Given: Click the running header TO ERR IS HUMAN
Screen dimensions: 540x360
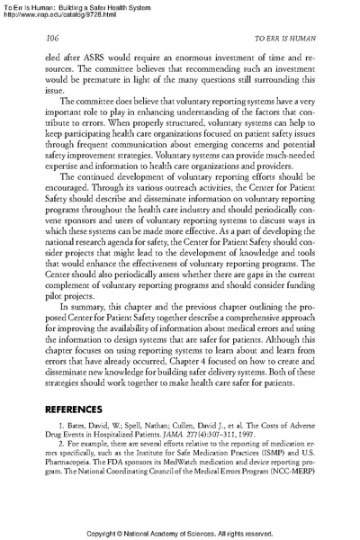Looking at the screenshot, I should point(283,38).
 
